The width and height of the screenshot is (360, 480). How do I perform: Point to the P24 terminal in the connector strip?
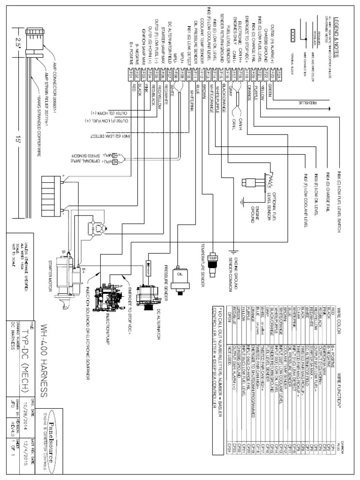(x=278, y=74)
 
